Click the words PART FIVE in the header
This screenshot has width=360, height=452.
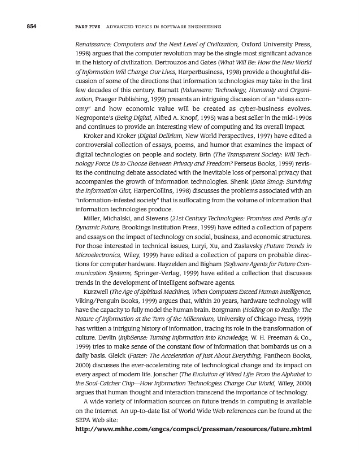coord(85,27)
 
